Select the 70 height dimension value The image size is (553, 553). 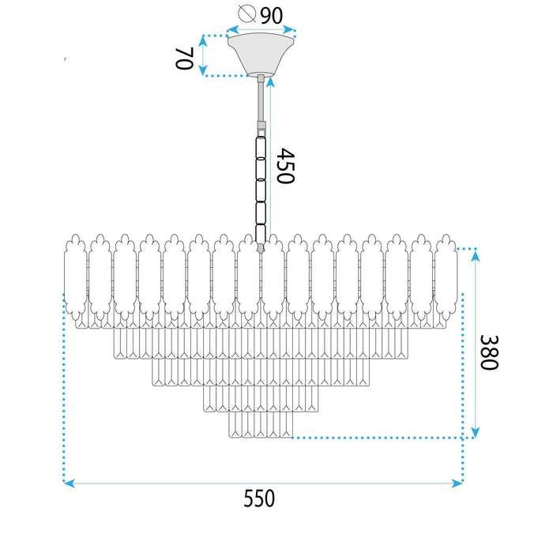(183, 58)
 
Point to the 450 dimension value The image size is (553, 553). (285, 166)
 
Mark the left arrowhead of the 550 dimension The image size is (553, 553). (68, 482)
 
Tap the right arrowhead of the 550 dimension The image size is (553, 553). (457, 482)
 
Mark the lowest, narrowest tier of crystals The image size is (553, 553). (261, 427)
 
